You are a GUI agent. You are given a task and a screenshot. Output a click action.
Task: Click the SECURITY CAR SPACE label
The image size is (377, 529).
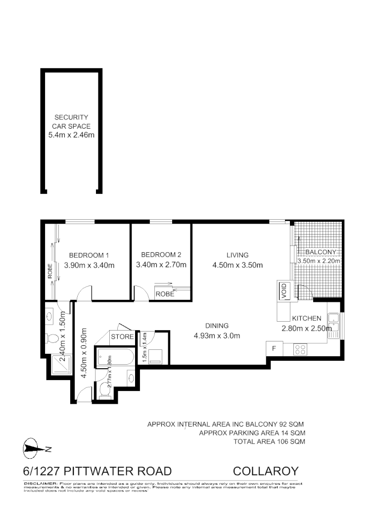71,122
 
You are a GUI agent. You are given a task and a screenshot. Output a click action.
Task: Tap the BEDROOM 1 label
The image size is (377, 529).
89,255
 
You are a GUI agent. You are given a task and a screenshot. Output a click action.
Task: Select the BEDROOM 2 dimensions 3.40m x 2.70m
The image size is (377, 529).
161,265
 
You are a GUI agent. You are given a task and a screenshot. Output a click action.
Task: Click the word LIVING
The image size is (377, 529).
237,255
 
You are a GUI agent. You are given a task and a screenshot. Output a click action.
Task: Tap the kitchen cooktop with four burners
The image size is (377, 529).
300,349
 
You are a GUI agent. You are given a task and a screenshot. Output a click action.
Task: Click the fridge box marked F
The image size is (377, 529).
273,348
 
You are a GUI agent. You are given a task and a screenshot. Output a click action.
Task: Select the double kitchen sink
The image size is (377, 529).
334,325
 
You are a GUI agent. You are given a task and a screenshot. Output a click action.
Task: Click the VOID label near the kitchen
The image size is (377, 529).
283,290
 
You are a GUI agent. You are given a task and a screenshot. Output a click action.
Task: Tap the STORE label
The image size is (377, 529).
122,337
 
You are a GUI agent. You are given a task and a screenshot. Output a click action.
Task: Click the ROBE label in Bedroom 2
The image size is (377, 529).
164,294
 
